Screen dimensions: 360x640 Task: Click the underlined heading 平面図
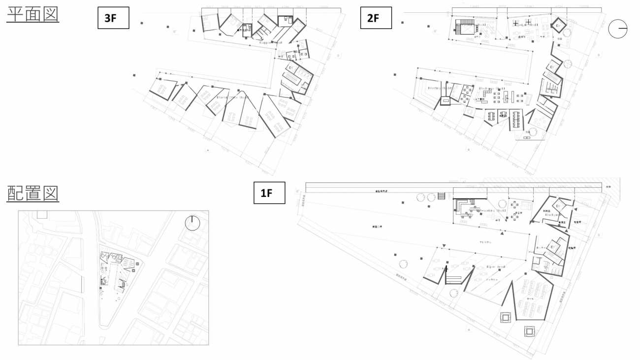[33, 14]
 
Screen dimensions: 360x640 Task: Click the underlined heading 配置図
[33, 193]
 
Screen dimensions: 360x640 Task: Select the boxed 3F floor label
[113, 18]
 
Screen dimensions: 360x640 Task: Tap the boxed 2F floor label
[376, 18]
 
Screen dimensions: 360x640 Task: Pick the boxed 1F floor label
[269, 193]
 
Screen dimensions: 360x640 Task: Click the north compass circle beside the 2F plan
[618, 29]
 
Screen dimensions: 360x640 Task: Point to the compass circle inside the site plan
[192, 223]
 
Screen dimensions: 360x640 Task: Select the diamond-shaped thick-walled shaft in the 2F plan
[558, 26]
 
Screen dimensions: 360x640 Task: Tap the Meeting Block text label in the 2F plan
[440, 88]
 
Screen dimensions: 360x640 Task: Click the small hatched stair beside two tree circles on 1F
[442, 196]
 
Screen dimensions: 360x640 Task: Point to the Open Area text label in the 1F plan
[496, 266]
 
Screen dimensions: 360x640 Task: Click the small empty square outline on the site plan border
[41, 214]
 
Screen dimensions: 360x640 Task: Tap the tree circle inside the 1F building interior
[502, 203]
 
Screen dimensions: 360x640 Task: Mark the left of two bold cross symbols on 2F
[515, 23]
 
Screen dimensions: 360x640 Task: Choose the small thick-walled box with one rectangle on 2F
[446, 100]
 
